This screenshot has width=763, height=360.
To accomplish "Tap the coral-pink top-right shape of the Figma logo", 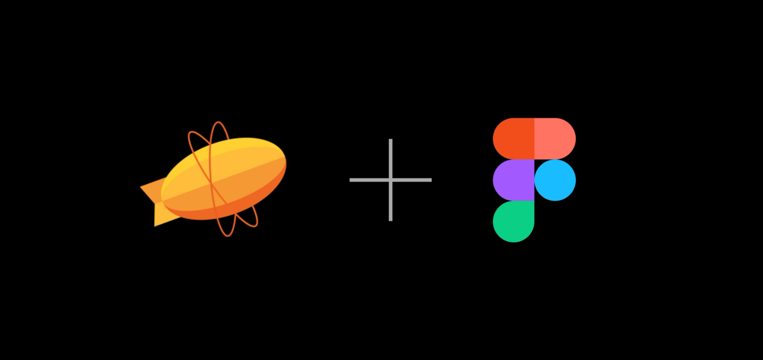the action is (x=555, y=138).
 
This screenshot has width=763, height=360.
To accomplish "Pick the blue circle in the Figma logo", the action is (x=555, y=180).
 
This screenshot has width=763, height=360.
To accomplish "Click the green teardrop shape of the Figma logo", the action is (x=513, y=222).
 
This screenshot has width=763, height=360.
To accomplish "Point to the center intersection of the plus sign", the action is (x=390, y=180).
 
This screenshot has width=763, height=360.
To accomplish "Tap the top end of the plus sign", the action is (x=390, y=141).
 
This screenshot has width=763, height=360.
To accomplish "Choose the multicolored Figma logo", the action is (x=534, y=180).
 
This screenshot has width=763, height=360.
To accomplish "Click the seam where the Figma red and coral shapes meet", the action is (x=534, y=138).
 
